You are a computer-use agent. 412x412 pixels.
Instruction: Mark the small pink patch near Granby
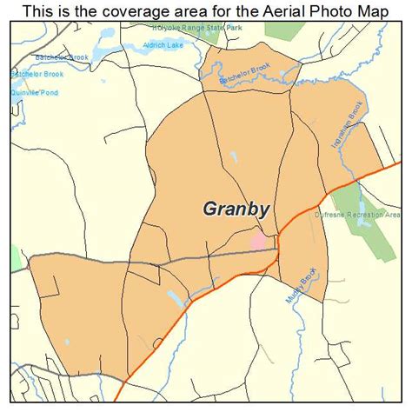click(260, 239)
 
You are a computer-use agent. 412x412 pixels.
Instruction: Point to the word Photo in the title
click(341, 10)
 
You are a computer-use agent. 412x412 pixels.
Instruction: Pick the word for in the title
click(216, 10)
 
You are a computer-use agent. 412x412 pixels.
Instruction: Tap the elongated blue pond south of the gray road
click(175, 299)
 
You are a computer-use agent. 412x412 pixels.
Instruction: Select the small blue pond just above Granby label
click(234, 158)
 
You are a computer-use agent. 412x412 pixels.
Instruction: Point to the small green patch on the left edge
click(15, 257)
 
